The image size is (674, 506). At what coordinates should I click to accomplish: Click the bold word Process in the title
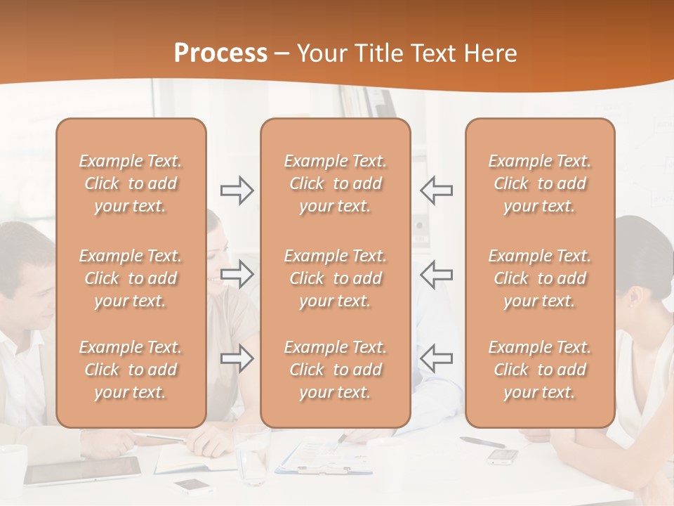click(x=220, y=53)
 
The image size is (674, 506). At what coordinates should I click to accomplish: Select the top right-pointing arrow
click(x=237, y=190)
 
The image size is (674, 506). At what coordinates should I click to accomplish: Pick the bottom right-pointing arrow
click(x=237, y=358)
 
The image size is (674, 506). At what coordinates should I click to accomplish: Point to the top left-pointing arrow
click(x=436, y=190)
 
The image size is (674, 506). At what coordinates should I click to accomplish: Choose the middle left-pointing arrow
click(x=436, y=274)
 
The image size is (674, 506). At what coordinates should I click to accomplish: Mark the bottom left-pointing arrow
click(x=436, y=358)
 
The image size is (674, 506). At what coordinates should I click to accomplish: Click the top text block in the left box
click(x=131, y=183)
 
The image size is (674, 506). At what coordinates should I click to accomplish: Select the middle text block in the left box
click(x=131, y=278)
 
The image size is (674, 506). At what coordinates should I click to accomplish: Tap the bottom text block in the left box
click(x=131, y=370)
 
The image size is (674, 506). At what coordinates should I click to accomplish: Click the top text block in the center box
click(x=336, y=183)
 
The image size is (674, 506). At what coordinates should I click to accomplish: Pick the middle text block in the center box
click(x=336, y=278)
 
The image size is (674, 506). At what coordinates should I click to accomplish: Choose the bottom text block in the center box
click(x=336, y=370)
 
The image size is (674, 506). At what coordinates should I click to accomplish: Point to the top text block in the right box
click(x=540, y=183)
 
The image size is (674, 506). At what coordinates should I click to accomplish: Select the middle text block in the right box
click(x=540, y=278)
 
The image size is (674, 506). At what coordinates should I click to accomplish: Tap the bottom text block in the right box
click(x=540, y=370)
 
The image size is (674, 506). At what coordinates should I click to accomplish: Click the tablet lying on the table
click(x=83, y=470)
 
